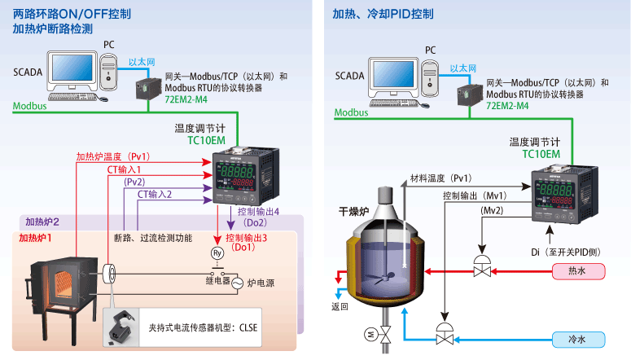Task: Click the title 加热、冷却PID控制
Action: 383,14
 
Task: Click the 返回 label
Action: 340,307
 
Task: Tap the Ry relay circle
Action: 217,253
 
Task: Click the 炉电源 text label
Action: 262,283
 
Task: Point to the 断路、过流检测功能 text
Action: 153,238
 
